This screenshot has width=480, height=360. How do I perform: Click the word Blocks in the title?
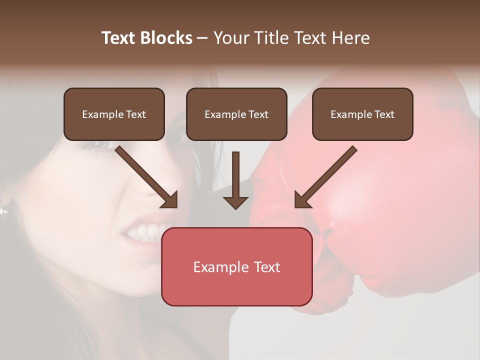click(x=166, y=38)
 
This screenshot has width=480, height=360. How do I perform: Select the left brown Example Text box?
click(x=114, y=114)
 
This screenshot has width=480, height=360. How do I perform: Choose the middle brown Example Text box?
click(x=236, y=114)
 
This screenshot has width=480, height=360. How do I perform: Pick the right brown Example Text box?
click(x=362, y=114)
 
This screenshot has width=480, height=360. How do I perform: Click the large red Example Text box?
click(x=236, y=266)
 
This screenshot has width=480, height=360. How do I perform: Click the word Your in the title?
click(x=231, y=38)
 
